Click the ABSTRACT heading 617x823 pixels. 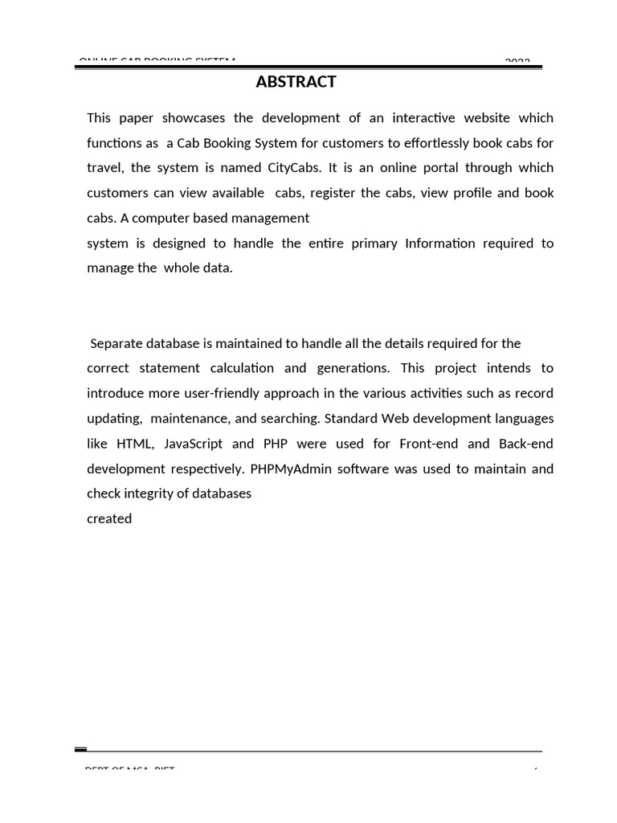click(x=296, y=82)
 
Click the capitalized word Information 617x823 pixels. click(x=441, y=244)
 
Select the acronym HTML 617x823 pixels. click(x=134, y=444)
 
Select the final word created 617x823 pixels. click(x=109, y=519)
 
